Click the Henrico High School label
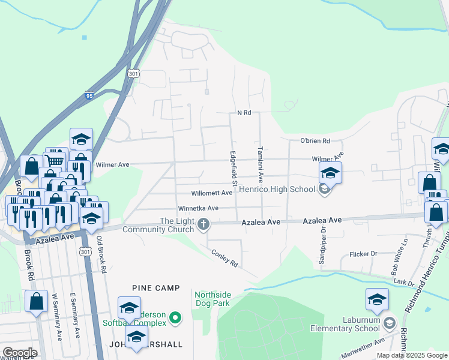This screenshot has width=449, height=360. [277, 190]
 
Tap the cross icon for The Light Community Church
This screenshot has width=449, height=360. [203, 224]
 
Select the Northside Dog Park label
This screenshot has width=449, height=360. [212, 299]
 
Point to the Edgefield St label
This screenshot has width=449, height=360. [235, 168]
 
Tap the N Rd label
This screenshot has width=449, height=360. [244, 112]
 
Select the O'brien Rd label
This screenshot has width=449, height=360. [315, 141]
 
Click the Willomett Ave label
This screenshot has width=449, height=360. [211, 193]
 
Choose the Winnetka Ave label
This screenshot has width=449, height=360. [197, 209]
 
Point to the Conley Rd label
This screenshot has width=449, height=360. [224, 259]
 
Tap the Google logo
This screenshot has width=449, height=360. [20, 353]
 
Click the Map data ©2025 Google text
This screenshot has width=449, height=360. [411, 355]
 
